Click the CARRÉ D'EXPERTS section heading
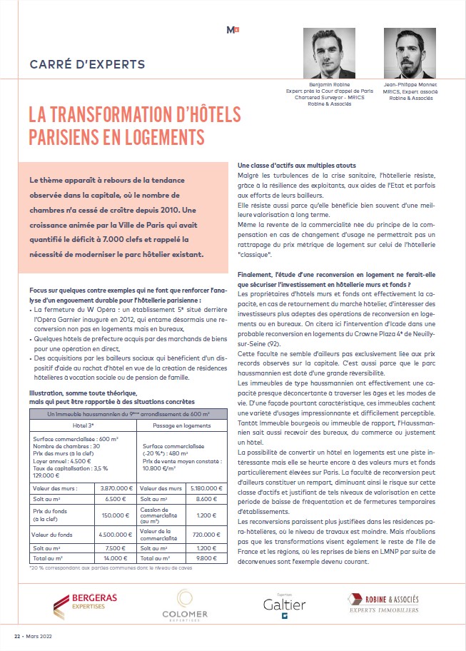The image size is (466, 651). [87, 64]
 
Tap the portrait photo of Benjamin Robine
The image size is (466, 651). [329, 54]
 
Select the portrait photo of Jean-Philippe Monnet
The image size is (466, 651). [410, 54]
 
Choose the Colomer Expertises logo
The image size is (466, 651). [185, 605]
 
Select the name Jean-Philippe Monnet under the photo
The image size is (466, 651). [410, 84]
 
